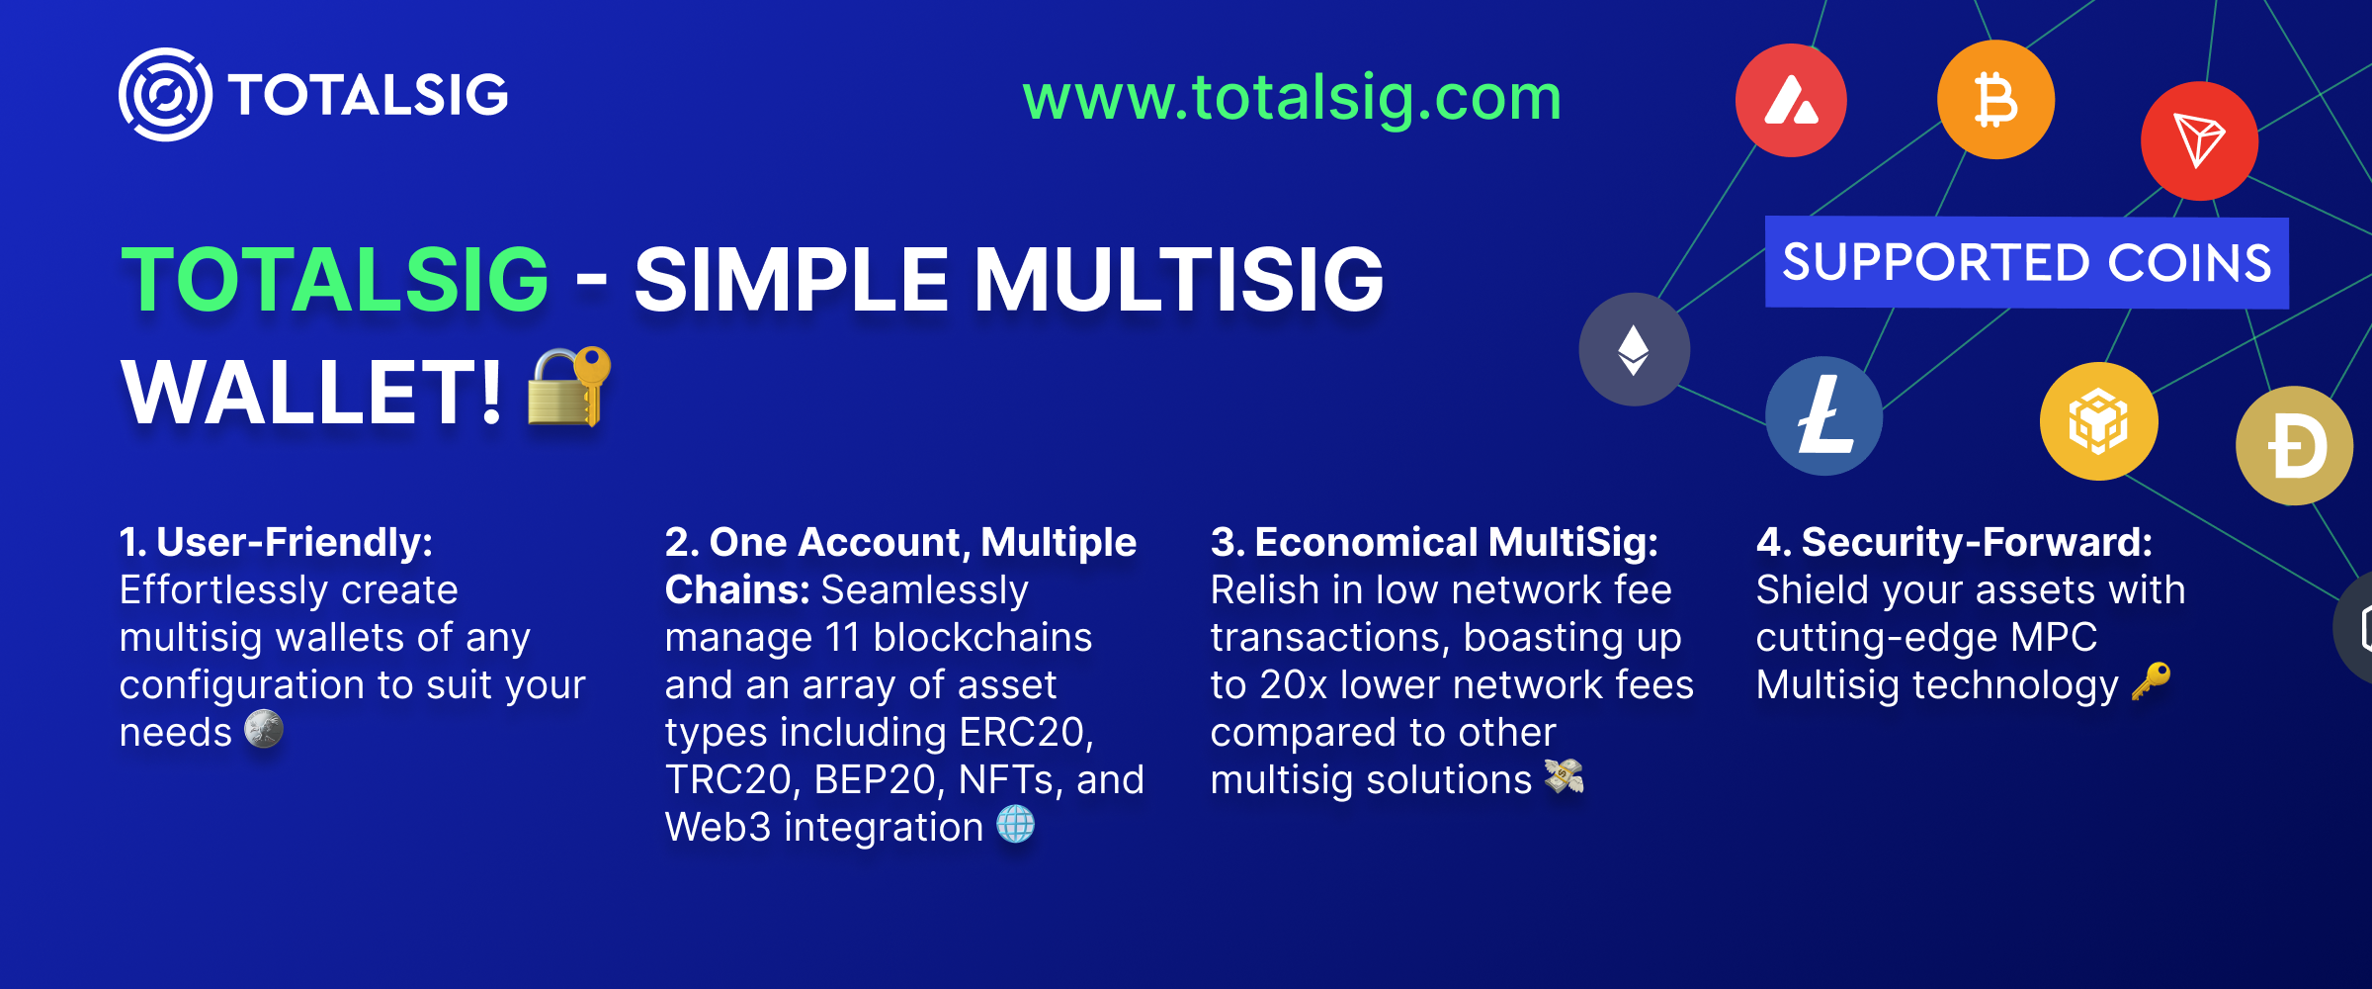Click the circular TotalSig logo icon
[165, 95]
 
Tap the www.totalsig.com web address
[1292, 98]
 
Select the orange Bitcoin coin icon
[1995, 100]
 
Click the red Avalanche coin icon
[1791, 101]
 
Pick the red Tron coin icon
[2199, 141]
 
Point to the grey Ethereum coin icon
[1634, 349]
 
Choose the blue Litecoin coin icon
[1824, 416]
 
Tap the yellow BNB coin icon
[2098, 421]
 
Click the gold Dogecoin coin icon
[2295, 446]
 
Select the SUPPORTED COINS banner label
[2026, 263]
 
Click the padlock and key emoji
[569, 387]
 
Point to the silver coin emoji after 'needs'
[264, 730]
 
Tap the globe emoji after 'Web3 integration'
[1015, 825]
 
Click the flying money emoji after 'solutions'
[1564, 776]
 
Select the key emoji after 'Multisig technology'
[2151, 681]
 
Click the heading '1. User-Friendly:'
[276, 542]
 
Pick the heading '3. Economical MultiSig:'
[1434, 542]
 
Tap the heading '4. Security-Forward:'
[1954, 542]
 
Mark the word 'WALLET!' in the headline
[311, 393]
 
